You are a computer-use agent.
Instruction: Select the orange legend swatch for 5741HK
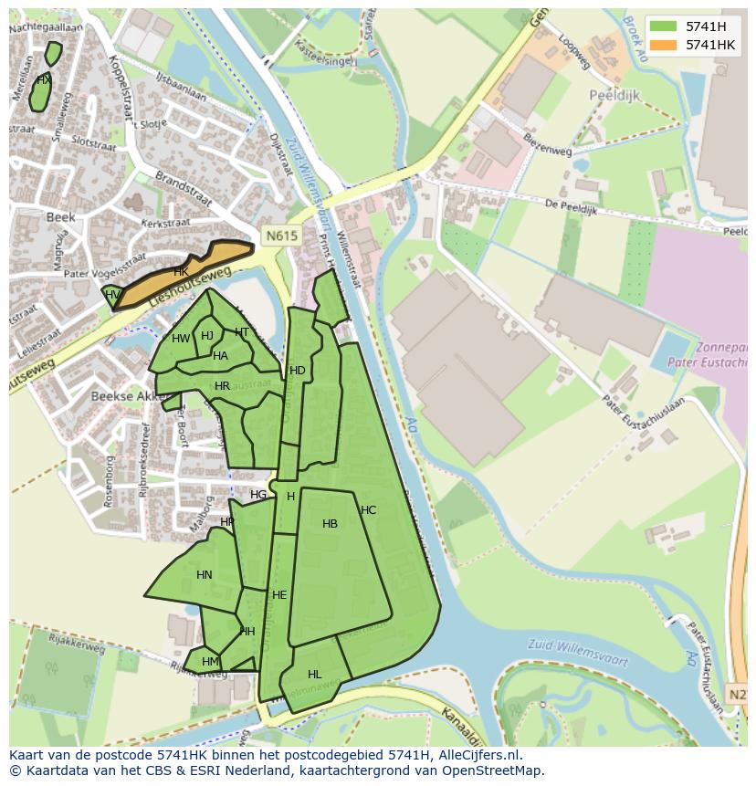click(664, 45)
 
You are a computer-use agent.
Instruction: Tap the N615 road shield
click(281, 236)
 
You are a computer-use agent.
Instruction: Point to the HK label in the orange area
click(181, 272)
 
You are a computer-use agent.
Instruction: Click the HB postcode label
click(330, 524)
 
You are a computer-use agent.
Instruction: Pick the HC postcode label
click(368, 510)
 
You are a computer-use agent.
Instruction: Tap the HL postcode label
click(314, 675)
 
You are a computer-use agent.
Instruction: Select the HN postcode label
click(204, 575)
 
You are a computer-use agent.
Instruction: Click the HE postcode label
click(279, 595)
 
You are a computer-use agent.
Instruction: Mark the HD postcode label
click(297, 371)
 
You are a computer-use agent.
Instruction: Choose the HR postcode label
click(222, 386)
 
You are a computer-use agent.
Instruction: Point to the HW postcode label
click(181, 339)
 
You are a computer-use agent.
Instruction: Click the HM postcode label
click(210, 662)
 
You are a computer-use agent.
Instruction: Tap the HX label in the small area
click(43, 80)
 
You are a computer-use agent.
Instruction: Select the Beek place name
click(60, 217)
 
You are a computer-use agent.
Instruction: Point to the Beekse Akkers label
click(125, 397)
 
